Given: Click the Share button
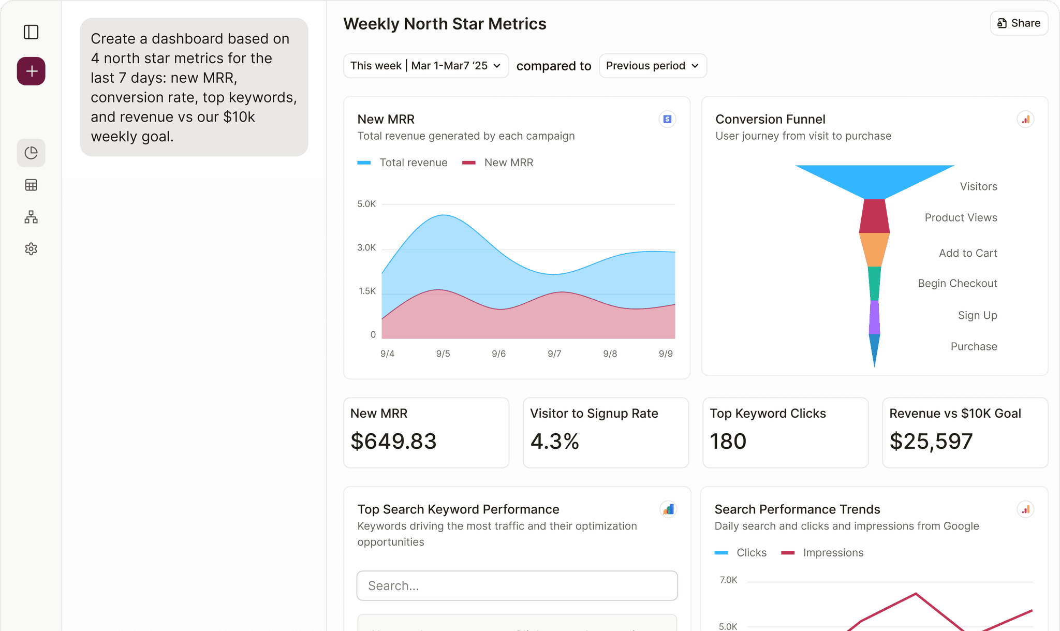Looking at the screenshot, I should point(1019,23).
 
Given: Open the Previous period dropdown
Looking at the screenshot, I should point(652,66).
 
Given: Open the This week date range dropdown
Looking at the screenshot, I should point(425,66).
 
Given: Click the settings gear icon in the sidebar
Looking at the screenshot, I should point(31,249).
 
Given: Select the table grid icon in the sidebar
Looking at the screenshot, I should point(31,185).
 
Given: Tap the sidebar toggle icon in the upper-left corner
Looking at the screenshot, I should point(31,32).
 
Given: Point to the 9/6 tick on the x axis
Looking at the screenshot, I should point(498,354).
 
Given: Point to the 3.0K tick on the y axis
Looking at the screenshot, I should point(366,247).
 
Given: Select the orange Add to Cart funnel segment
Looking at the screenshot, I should point(874,250).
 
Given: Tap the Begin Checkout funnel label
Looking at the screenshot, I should point(957,283).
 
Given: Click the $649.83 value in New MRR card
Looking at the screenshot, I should point(393,441).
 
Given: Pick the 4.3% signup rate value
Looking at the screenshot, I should point(554,441).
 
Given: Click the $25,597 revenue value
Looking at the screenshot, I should point(931,441).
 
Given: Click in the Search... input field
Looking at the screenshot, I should point(517,586).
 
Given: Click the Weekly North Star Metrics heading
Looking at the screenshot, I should point(445,24).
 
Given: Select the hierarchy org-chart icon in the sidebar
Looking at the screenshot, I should point(31,217).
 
